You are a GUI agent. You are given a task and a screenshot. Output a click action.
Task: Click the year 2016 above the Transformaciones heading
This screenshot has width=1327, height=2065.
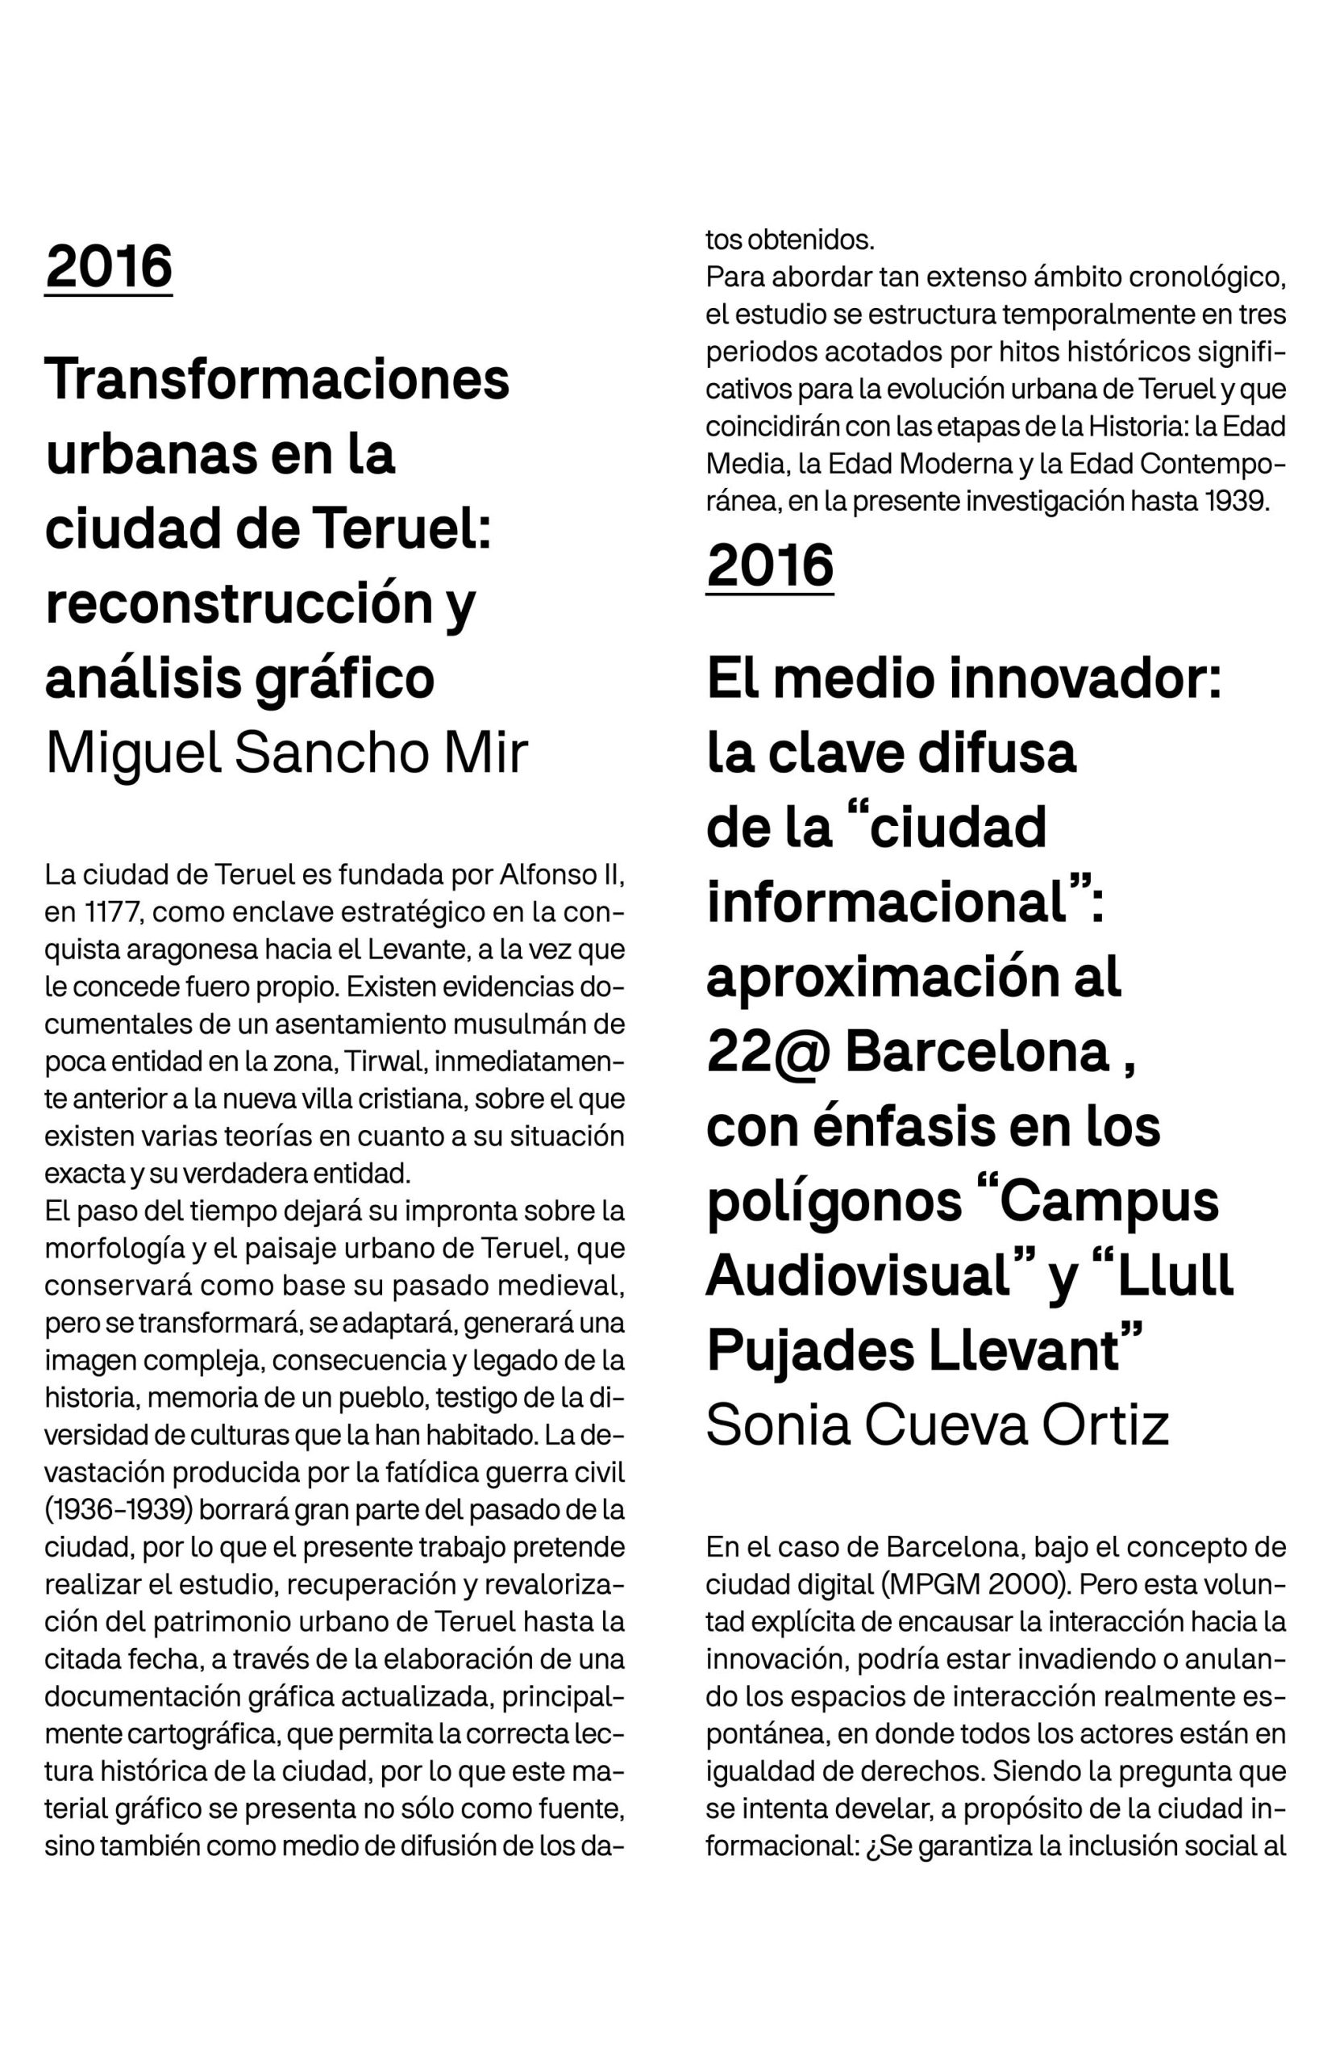coord(109,266)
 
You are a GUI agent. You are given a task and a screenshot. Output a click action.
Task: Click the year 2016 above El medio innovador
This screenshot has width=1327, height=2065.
coord(769,565)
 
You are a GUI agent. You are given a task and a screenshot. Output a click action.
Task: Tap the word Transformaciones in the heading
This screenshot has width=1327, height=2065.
coord(277,380)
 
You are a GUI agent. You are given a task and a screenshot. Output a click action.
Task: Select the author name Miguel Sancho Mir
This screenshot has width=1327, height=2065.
coord(286,753)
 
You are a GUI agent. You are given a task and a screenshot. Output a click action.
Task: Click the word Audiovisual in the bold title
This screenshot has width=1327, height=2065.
coord(857,1275)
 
